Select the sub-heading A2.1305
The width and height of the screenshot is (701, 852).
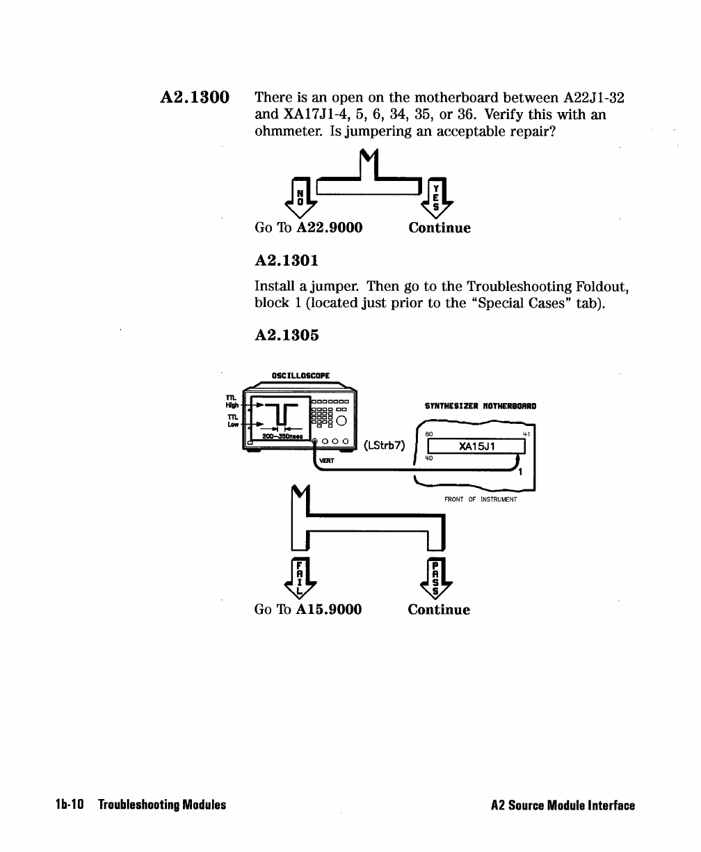click(x=287, y=335)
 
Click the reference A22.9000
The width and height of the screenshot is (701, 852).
click(x=330, y=228)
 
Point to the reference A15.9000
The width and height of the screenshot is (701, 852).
click(x=329, y=610)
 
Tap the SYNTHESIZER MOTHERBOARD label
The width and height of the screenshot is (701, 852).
click(x=481, y=406)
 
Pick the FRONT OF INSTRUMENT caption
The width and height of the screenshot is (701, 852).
click(x=481, y=498)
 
